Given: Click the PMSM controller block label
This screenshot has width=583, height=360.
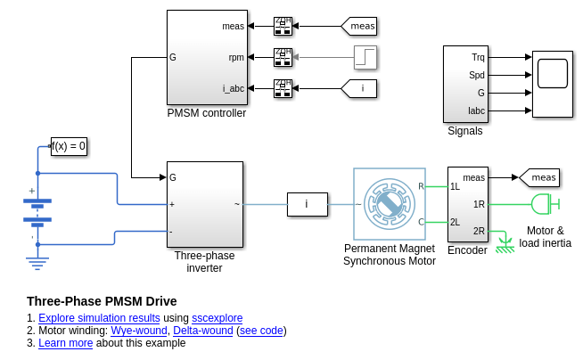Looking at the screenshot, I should (x=206, y=113).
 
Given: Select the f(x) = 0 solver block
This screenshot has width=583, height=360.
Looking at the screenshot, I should (x=69, y=146).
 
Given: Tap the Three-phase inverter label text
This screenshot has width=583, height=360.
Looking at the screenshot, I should (x=204, y=261).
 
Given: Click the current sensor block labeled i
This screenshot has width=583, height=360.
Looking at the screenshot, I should (x=307, y=204).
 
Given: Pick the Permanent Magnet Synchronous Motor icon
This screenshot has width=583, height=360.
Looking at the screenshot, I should (x=390, y=204).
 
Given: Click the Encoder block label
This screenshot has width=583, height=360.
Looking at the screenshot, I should (x=467, y=250).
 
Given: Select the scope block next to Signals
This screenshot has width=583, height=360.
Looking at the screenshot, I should (x=552, y=84).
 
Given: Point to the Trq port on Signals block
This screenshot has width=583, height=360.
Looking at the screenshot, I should (x=478, y=57).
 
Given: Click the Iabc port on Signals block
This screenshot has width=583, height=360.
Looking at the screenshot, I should (x=477, y=110).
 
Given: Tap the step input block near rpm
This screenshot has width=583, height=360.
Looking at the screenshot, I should (x=365, y=57).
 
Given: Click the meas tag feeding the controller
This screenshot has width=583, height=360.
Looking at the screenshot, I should (x=359, y=26).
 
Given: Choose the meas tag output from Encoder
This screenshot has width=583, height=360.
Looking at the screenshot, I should (x=539, y=177).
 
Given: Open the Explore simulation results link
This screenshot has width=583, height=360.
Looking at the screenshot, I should (x=99, y=318).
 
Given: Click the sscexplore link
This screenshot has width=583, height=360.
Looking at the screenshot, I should (x=217, y=318).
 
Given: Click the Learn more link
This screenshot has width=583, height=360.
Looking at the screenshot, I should (x=65, y=343).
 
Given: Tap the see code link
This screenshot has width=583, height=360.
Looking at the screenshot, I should (x=260, y=331).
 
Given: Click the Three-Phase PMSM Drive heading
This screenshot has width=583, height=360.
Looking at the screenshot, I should (x=102, y=301).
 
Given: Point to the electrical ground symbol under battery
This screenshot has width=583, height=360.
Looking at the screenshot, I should (x=37, y=261).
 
